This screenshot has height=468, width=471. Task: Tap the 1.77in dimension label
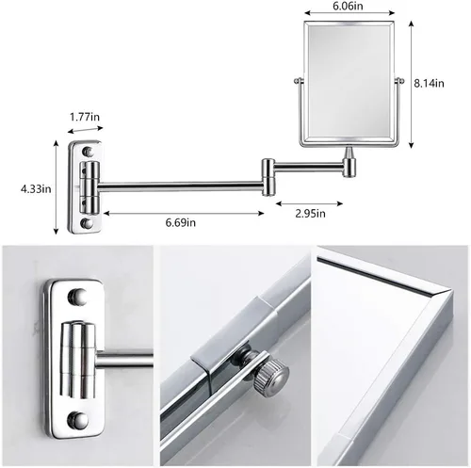tap(86, 118)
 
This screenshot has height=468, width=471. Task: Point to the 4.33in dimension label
tap(36, 188)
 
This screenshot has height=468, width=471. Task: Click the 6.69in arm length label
tap(177, 222)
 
